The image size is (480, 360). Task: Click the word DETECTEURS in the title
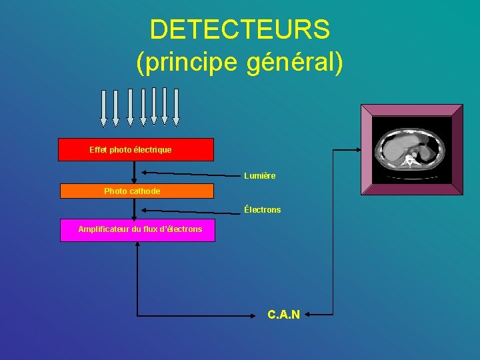coord(240,29)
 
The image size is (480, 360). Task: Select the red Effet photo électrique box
coord(136,150)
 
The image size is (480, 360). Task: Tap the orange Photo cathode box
coord(137,191)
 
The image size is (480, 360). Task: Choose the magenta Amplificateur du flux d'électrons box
coord(137,230)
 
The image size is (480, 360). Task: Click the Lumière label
coord(259,176)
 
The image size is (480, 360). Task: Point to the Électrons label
coord(262,209)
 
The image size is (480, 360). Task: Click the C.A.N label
coord(283,314)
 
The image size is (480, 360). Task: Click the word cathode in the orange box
coord(145,191)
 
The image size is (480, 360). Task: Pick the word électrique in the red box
coord(153,150)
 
